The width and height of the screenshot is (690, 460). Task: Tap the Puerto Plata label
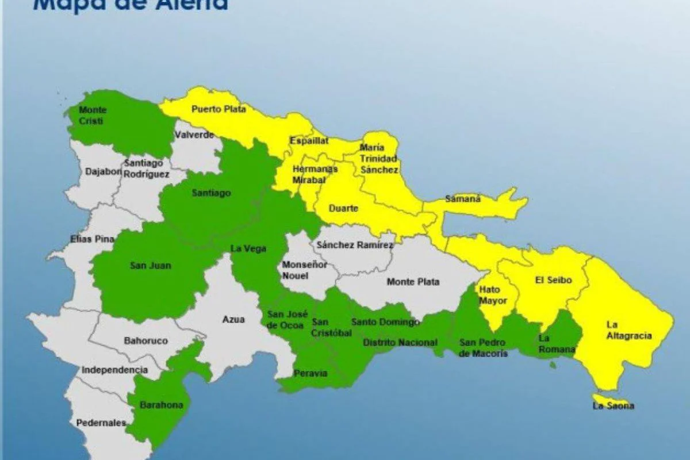pos(218,109)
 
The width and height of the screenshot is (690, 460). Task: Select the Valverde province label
pos(194,135)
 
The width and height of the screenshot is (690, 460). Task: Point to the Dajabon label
pos(103,171)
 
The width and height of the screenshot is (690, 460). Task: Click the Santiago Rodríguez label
pos(147,168)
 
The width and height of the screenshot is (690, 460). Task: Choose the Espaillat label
pos(309,140)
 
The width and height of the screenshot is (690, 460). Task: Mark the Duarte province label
pos(343,208)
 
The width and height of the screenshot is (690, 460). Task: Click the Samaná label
pos(462,199)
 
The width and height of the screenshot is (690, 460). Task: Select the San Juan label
pos(150,266)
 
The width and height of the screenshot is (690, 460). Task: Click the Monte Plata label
pos(413,282)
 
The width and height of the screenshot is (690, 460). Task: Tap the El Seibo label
pos(553,280)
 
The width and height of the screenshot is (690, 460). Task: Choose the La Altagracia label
pos(629,331)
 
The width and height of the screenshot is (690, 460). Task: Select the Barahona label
pos(162,405)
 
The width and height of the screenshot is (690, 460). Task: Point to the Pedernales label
pos(101,423)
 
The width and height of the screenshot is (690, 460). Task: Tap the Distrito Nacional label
pos(400,343)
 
